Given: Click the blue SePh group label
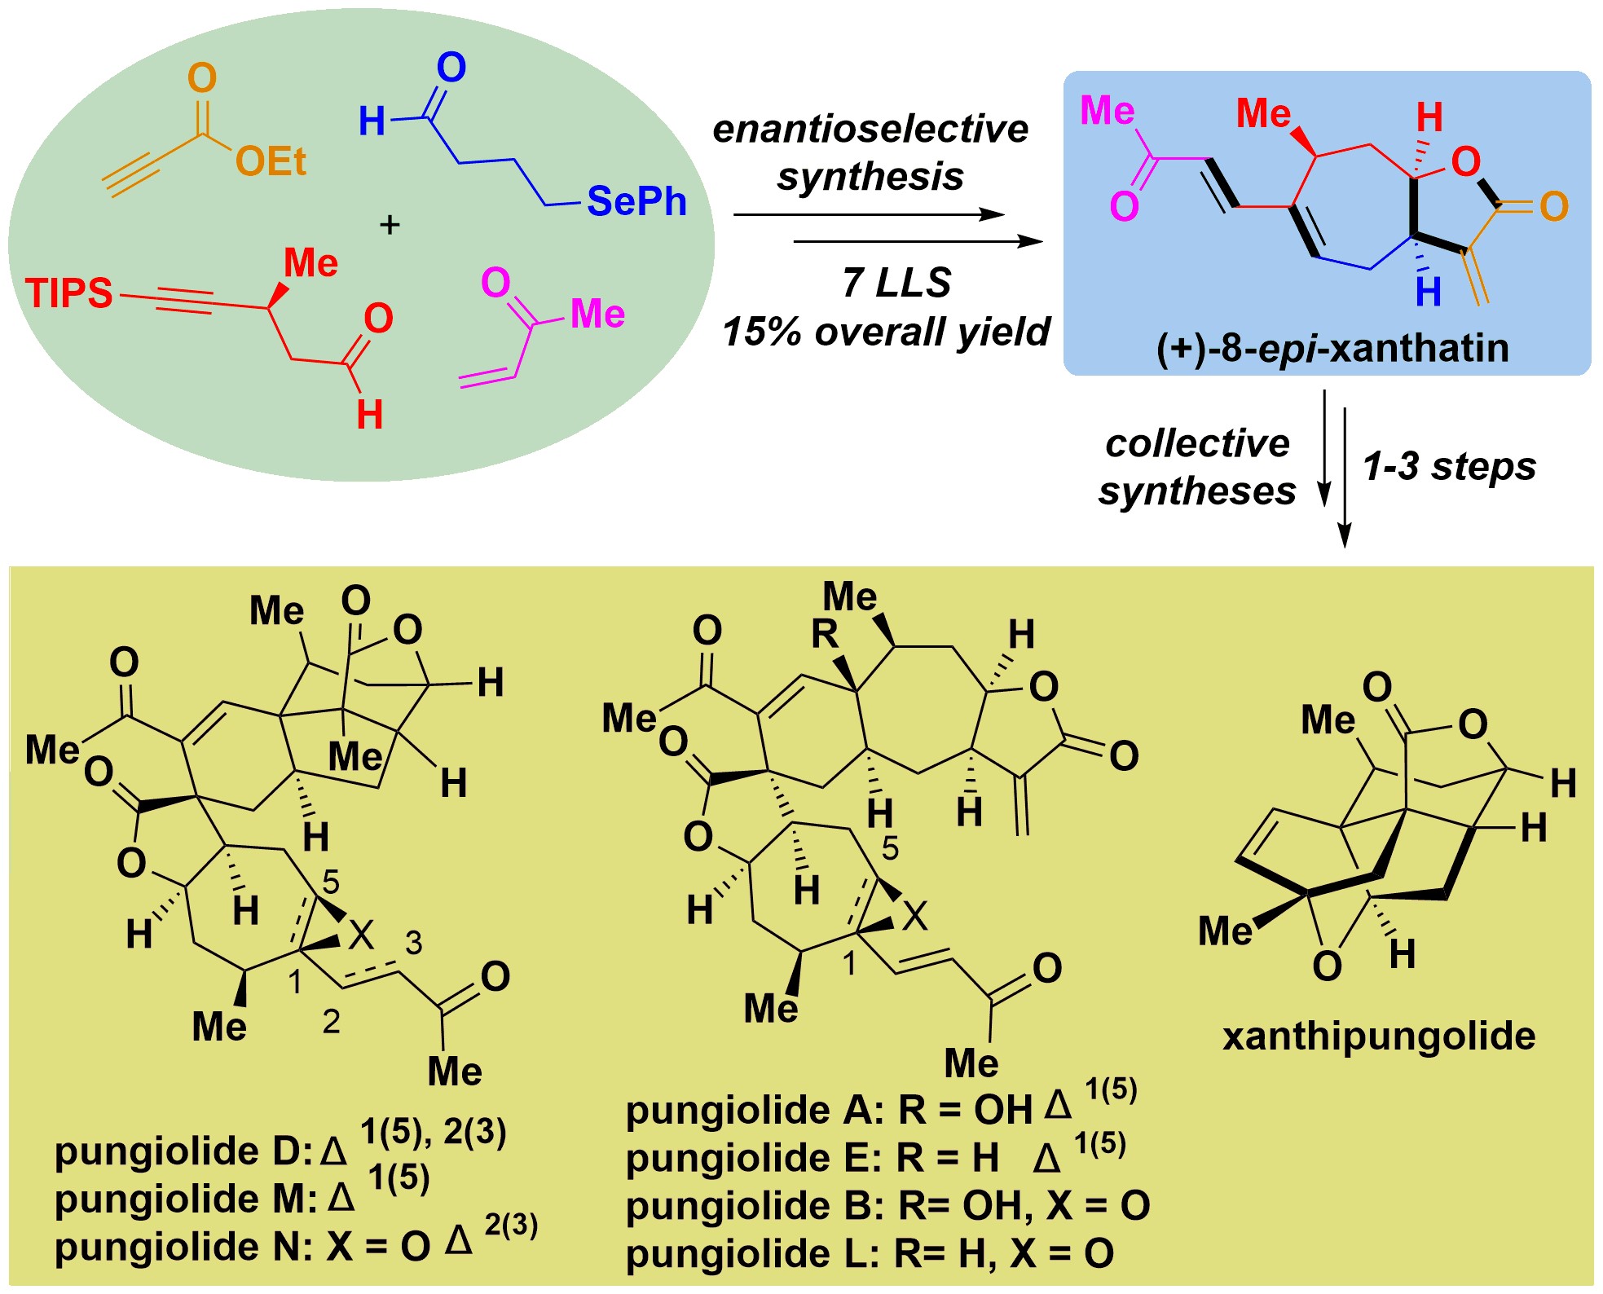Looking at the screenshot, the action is pos(636,201).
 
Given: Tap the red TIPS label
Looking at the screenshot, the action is pos(68,293).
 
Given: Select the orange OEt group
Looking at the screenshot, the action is pos(271,162).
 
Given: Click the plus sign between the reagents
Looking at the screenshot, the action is pos(390,224).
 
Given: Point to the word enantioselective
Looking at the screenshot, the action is pos(870,129).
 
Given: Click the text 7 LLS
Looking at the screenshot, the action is pos(896,283).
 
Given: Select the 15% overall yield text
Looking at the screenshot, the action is pos(886,332).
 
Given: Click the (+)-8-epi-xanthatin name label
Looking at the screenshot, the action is pos(1332,348).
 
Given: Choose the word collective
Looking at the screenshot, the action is pos(1197,443).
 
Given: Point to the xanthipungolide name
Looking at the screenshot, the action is pos(1379,1037).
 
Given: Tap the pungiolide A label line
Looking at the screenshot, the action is pos(881,1102).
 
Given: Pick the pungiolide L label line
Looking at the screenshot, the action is pos(870,1253).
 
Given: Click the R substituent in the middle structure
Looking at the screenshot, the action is pos(825,633).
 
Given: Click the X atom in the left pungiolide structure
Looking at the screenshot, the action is pos(361,935).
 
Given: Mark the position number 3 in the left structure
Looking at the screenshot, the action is pos(414,943).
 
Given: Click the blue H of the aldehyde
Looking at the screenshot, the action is pos(372,122).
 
